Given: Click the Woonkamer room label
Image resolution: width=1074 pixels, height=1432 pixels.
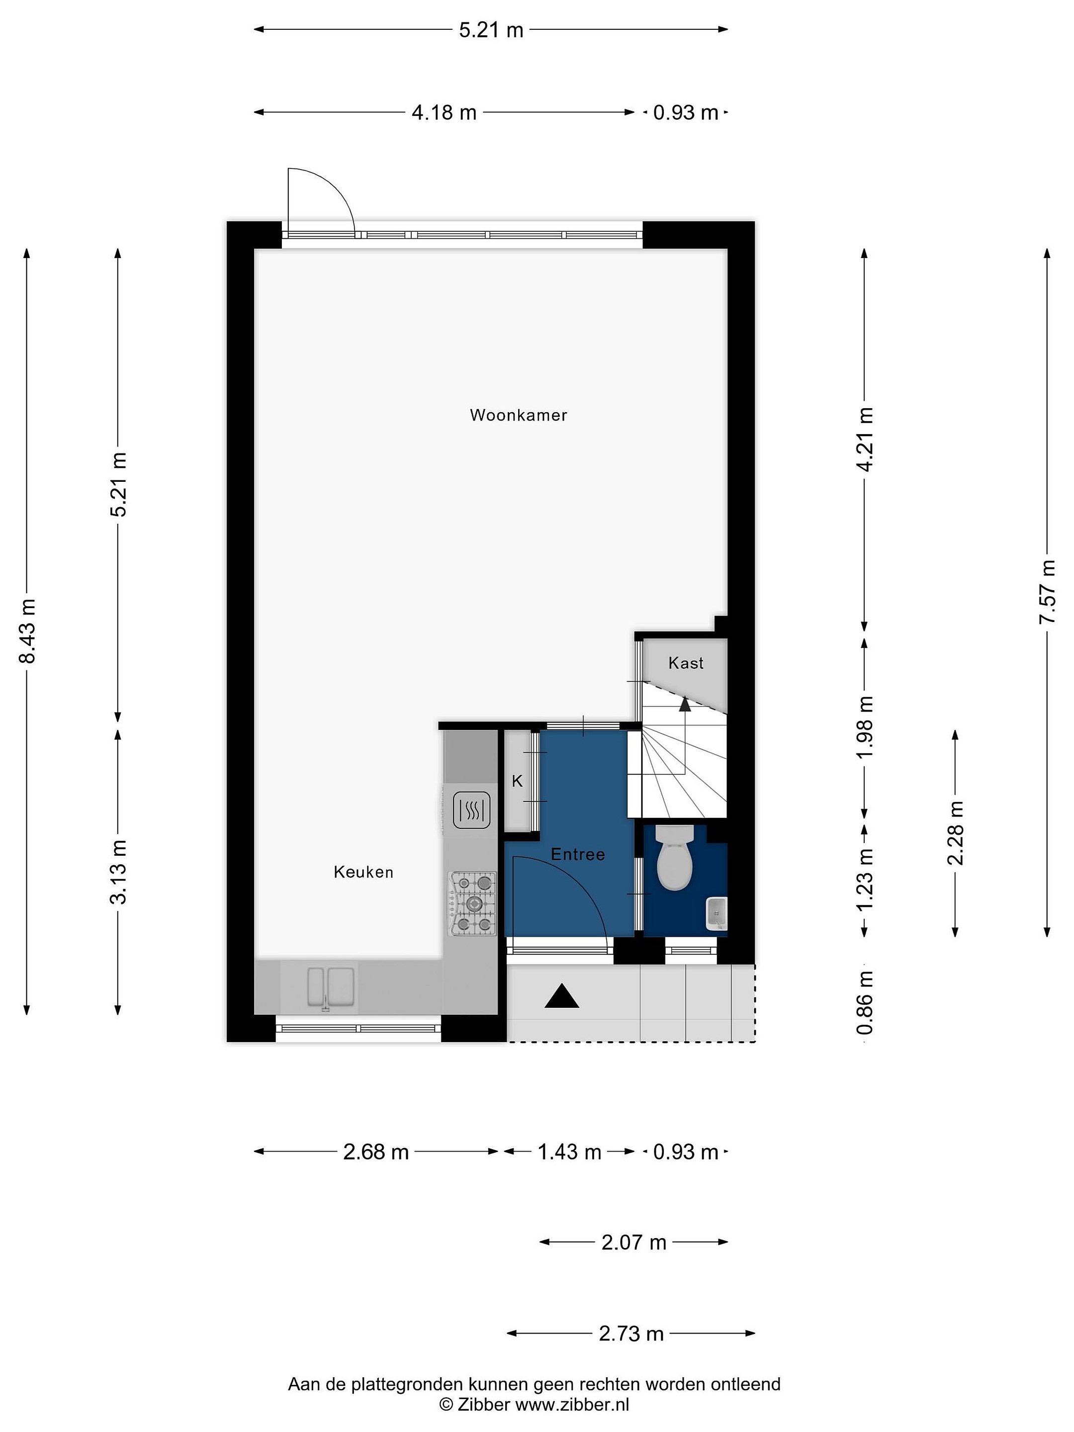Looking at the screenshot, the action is tap(518, 415).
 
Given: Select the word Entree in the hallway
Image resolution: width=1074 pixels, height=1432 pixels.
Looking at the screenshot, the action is tap(578, 855).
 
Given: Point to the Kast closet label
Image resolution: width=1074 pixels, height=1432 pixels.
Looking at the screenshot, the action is tap(686, 663).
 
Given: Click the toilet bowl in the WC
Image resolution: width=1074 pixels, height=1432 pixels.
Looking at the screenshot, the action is tap(675, 857).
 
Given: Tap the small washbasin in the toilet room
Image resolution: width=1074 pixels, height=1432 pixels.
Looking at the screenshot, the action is tap(716, 913).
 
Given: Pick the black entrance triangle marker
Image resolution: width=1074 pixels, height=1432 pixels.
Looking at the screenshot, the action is tap(561, 996).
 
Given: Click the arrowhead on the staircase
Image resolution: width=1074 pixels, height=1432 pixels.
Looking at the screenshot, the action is tap(684, 705).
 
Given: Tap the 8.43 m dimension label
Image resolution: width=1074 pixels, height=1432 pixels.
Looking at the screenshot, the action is tap(27, 630).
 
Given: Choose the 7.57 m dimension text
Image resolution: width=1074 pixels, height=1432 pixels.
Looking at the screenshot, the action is tap(1047, 592).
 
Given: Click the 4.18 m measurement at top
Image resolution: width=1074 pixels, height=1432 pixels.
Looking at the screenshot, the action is tap(444, 113).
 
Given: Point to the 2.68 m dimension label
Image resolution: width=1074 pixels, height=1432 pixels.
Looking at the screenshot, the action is tap(376, 1152).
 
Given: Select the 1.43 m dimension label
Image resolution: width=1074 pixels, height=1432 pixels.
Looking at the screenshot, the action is tap(570, 1152).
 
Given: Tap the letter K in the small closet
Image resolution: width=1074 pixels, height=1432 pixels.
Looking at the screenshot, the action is tap(517, 782).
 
